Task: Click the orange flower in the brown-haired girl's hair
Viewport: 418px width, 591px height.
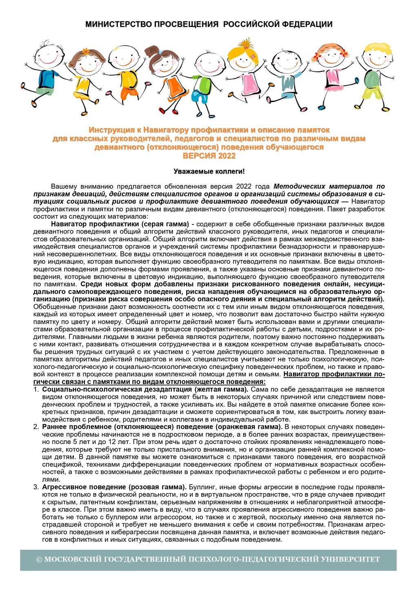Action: (86, 51)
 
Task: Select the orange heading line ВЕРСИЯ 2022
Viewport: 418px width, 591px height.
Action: (209, 156)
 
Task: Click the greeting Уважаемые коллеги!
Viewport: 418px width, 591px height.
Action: (209, 171)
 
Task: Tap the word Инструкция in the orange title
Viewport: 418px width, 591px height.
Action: (111, 130)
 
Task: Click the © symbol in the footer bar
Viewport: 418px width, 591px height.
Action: (39, 560)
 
